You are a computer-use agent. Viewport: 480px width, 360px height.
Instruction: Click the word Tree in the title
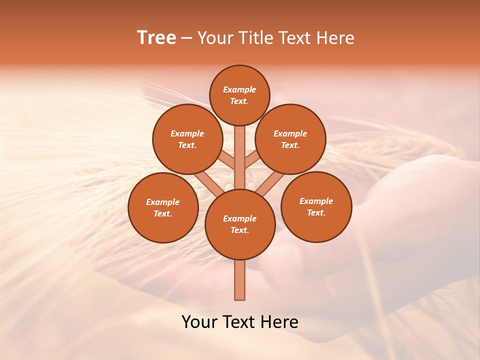pos(156,38)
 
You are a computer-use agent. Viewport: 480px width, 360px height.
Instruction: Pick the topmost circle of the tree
pos(239,95)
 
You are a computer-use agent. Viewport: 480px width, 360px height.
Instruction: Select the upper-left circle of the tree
pos(187,139)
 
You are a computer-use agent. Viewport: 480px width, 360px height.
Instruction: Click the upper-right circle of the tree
pos(290,139)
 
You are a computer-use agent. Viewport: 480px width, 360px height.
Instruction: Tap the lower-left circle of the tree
pos(163,207)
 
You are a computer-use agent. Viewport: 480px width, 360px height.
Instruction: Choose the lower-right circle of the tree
pos(316,206)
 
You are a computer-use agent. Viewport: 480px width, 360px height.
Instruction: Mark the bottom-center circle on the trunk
pos(240,224)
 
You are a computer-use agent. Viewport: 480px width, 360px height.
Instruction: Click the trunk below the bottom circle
pos(240,280)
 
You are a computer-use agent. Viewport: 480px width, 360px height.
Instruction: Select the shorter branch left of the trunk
pos(227,161)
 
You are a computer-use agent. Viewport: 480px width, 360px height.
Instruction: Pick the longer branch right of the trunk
pos(270,184)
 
